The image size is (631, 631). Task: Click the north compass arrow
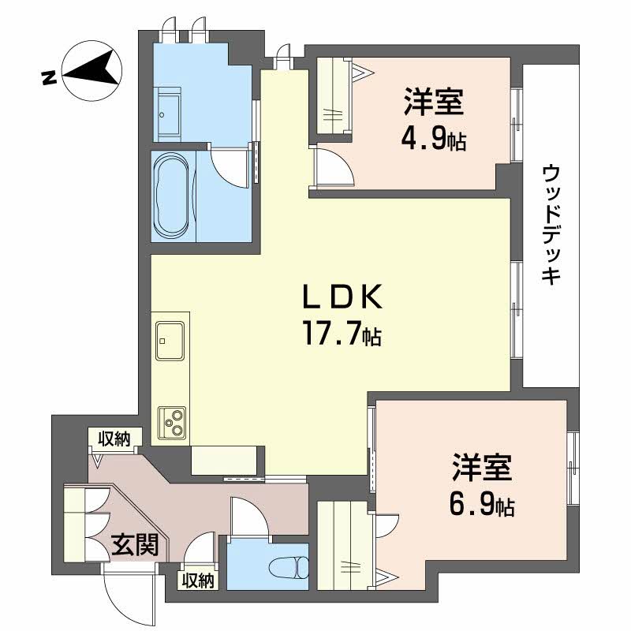click(x=91, y=69)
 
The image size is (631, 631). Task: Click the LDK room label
click(x=342, y=298)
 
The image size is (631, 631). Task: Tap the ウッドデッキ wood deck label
click(x=551, y=223)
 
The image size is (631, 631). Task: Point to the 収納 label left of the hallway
click(x=114, y=439)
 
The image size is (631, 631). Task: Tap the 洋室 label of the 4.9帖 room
click(x=433, y=103)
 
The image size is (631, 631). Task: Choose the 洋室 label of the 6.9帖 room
click(x=482, y=468)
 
